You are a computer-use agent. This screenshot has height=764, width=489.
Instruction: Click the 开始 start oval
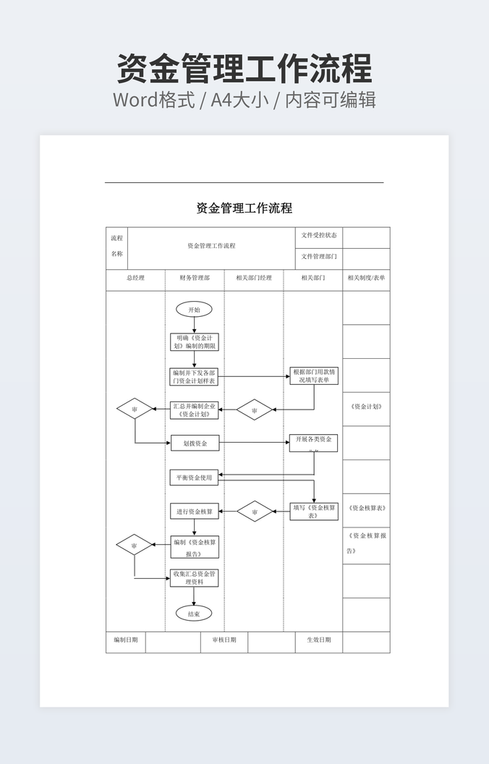(194, 310)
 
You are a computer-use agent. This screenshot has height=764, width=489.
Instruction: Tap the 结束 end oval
(194, 614)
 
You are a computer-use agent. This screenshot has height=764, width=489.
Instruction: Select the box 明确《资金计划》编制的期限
(194, 342)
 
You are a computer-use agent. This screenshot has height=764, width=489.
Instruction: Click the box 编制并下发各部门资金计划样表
(194, 376)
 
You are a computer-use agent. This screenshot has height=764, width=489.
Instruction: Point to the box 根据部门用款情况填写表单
(314, 375)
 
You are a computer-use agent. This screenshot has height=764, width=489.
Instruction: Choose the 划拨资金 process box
(195, 443)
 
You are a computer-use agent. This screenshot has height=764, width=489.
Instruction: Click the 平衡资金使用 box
(194, 477)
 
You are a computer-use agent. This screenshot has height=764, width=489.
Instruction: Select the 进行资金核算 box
(194, 512)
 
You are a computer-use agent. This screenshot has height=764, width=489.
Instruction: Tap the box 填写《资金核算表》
(314, 512)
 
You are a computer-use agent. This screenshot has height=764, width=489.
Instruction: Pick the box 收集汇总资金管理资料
(194, 577)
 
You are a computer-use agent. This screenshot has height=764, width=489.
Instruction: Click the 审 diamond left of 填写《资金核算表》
(255, 512)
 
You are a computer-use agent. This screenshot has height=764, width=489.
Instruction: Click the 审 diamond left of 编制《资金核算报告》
(135, 545)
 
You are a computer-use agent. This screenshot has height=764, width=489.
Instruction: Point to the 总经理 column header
(135, 278)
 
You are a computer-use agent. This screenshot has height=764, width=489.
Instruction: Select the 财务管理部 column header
(195, 278)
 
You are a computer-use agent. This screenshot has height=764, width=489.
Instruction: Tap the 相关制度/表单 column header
(366, 278)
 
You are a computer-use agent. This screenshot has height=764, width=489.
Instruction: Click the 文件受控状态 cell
(319, 236)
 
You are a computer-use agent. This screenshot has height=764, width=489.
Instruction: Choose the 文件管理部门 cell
(319, 257)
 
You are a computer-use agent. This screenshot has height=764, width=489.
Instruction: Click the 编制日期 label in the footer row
(126, 640)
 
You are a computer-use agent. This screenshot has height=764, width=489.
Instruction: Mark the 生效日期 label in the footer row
(319, 640)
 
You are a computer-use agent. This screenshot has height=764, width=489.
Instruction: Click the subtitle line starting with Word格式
(244, 99)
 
